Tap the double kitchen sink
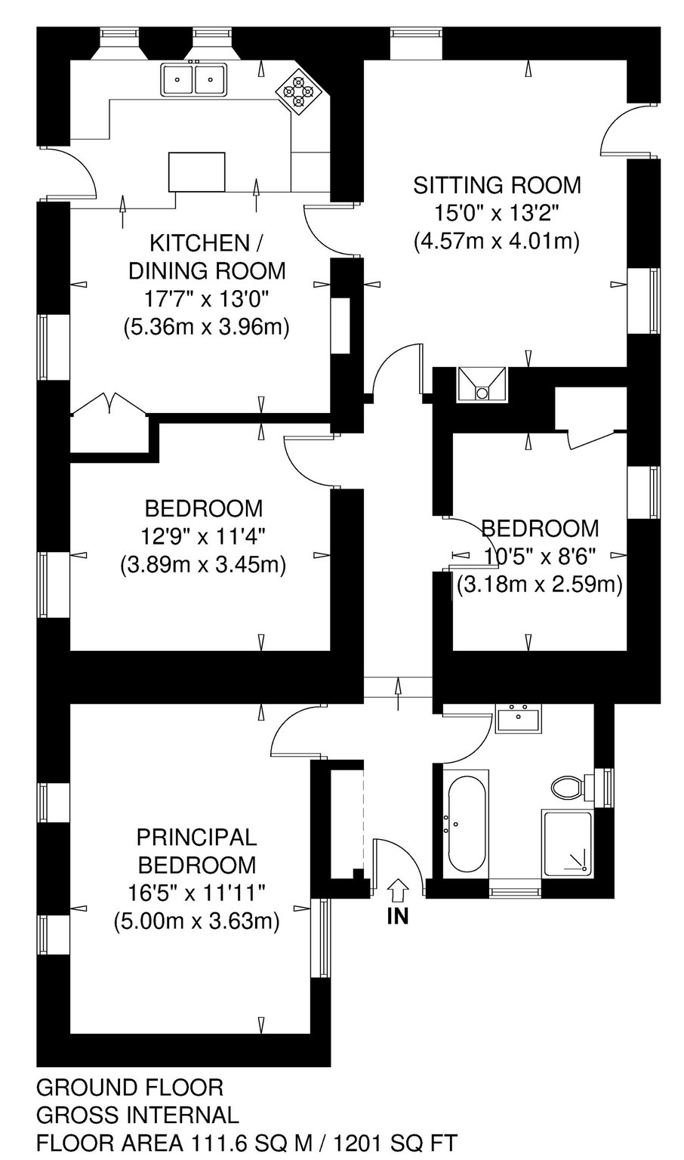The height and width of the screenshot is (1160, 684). pyautogui.click(x=194, y=79)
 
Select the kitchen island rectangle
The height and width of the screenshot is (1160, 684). pyautogui.click(x=197, y=171)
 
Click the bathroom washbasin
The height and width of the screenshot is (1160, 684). pyautogui.click(x=518, y=718)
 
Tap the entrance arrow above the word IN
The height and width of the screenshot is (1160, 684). pyautogui.click(x=398, y=890)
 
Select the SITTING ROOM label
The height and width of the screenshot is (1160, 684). pyautogui.click(x=497, y=185)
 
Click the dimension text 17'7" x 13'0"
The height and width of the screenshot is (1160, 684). pyautogui.click(x=207, y=299)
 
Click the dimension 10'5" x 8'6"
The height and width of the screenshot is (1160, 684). pyautogui.click(x=540, y=557)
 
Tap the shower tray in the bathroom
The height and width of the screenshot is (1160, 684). pyautogui.click(x=567, y=844)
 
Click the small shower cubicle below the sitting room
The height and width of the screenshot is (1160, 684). pyautogui.click(x=482, y=385)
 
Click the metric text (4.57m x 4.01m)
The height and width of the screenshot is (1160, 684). pyautogui.click(x=496, y=242)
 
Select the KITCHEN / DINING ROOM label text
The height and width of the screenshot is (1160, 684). pyautogui.click(x=207, y=256)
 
